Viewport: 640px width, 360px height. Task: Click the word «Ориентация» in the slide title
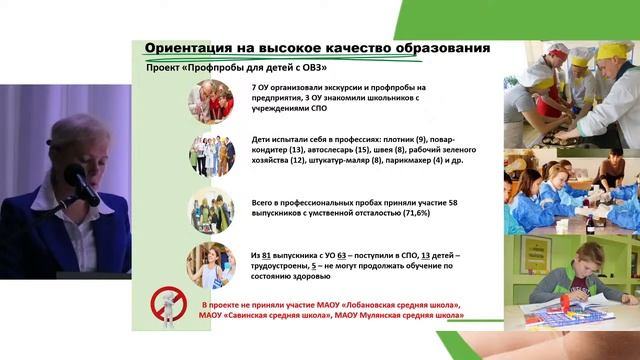[190, 49]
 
